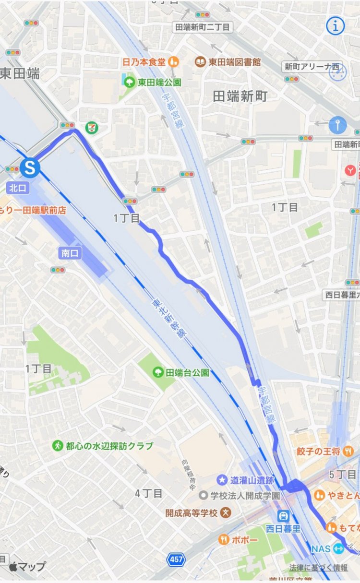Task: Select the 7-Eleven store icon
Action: pos(90,127)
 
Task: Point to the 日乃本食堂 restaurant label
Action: pos(144,62)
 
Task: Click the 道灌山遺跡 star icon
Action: pos(222,479)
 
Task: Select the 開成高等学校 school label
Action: pos(192,513)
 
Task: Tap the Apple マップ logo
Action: pos(27,566)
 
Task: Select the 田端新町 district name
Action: pos(240,96)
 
